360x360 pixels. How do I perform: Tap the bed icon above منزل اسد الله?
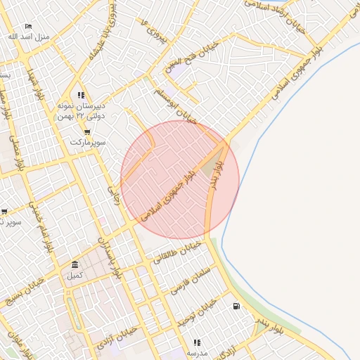[28, 26]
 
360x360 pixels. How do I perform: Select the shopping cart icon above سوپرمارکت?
[86, 131]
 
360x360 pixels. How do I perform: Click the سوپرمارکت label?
[87, 142]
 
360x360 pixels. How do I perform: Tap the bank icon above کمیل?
[75, 264]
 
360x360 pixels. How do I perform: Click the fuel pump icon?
[236, 306]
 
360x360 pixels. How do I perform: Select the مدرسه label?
[196, 352]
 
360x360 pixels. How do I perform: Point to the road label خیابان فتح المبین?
[192, 60]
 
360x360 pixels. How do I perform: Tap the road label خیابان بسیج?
[25, 289]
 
